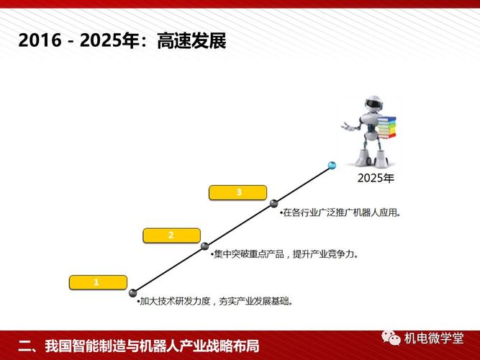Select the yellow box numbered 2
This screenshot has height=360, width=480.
click(171, 235)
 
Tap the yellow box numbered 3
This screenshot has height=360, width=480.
click(238, 192)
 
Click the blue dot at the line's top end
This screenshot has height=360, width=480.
click(332, 166)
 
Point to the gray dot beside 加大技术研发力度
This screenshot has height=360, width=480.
click(134, 292)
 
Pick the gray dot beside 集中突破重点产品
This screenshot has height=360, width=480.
click(205, 247)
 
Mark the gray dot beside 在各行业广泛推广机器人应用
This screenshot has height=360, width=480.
click(274, 204)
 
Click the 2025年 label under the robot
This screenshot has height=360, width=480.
click(376, 179)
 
